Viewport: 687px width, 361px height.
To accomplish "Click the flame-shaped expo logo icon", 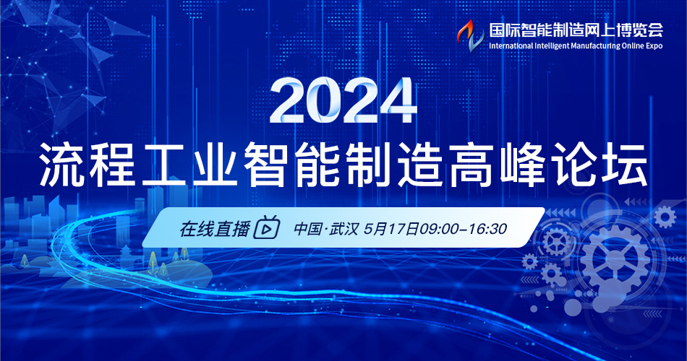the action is pyautogui.click(x=470, y=35).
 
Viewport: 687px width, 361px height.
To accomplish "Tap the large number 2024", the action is pyautogui.click(x=343, y=101).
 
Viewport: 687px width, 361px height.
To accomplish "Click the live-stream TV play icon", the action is pyautogui.click(x=267, y=227).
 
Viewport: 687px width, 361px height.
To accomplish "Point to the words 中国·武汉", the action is pyautogui.click(x=325, y=228).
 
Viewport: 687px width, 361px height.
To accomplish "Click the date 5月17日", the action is pyautogui.click(x=391, y=228).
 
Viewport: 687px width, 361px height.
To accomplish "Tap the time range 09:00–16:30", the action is pyautogui.click(x=463, y=228).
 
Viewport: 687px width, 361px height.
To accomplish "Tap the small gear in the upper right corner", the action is pyautogui.click(x=665, y=217).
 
